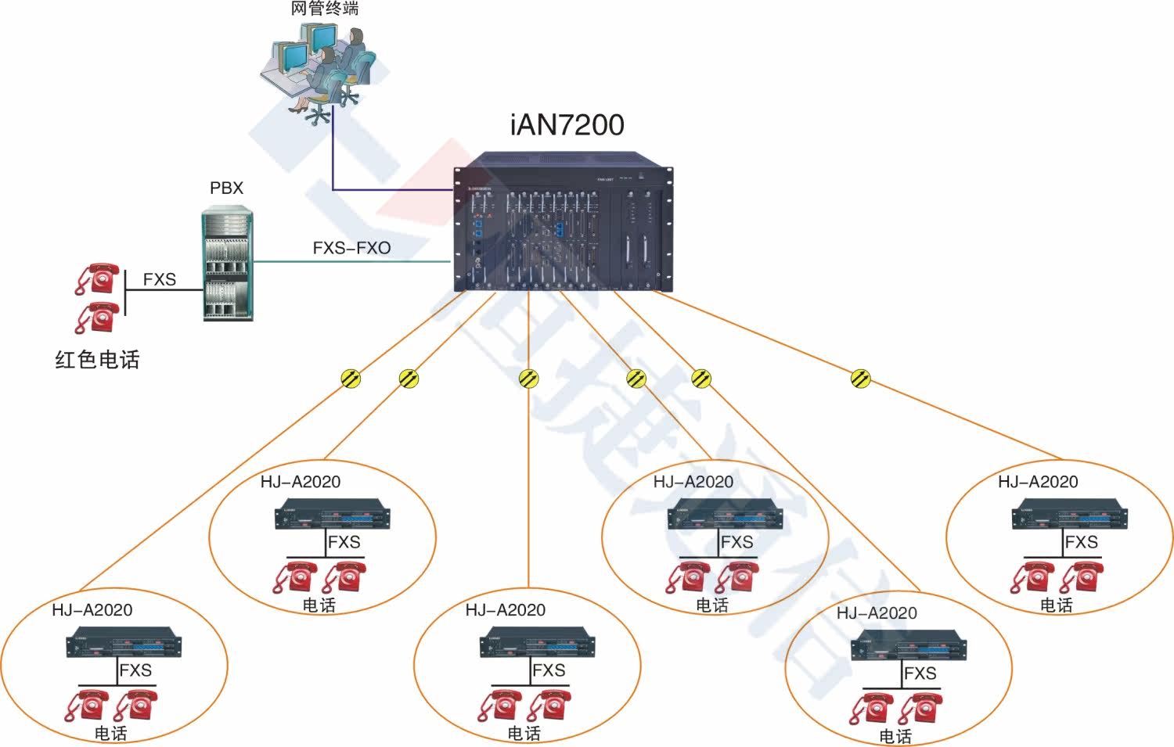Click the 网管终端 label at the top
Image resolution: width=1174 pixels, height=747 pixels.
324,9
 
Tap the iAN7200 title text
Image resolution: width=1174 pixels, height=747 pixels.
567,125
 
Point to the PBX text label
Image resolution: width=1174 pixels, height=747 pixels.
226,189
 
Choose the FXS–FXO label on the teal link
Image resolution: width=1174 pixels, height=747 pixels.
351,248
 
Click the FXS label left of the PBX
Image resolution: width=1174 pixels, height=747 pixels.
159,279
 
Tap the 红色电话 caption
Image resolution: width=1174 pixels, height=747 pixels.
97,360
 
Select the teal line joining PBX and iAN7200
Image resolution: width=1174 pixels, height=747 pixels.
352,262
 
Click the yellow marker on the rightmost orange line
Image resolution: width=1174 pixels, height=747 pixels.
861,379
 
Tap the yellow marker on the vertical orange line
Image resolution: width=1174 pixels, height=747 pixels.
529,379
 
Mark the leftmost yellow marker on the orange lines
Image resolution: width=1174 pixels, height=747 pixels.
351,379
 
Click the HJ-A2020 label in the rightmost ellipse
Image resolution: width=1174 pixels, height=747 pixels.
1038,482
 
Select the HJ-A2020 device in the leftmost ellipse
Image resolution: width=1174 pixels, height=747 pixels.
124,644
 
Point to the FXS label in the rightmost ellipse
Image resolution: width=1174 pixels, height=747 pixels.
1081,542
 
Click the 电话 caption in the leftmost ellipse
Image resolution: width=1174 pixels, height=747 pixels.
111,733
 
